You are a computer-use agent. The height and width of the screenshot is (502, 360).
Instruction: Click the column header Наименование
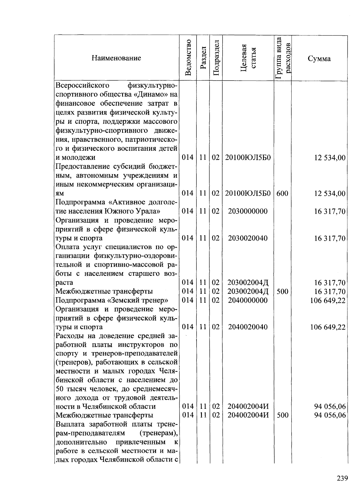[116, 58]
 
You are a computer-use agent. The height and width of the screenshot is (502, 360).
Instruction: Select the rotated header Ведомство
[188, 58]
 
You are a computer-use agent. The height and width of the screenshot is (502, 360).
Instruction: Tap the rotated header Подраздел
[216, 58]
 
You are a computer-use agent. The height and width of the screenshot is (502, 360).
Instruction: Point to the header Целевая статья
[248, 58]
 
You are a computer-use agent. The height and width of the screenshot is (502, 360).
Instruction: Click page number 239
[342, 478]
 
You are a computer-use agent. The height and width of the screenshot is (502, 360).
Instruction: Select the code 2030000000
[248, 211]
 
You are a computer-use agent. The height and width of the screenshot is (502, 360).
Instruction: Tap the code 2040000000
[248, 300]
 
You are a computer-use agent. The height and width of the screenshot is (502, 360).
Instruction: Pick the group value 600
[282, 193]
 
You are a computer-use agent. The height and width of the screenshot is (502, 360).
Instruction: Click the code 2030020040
[248, 238]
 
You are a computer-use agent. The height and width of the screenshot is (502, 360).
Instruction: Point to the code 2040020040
[248, 327]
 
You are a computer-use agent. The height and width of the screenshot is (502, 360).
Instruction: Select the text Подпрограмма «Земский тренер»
[112, 300]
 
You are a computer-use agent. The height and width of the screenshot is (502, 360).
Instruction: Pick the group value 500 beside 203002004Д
[282, 291]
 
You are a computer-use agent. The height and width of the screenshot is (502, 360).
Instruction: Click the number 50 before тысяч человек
[60, 389]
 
